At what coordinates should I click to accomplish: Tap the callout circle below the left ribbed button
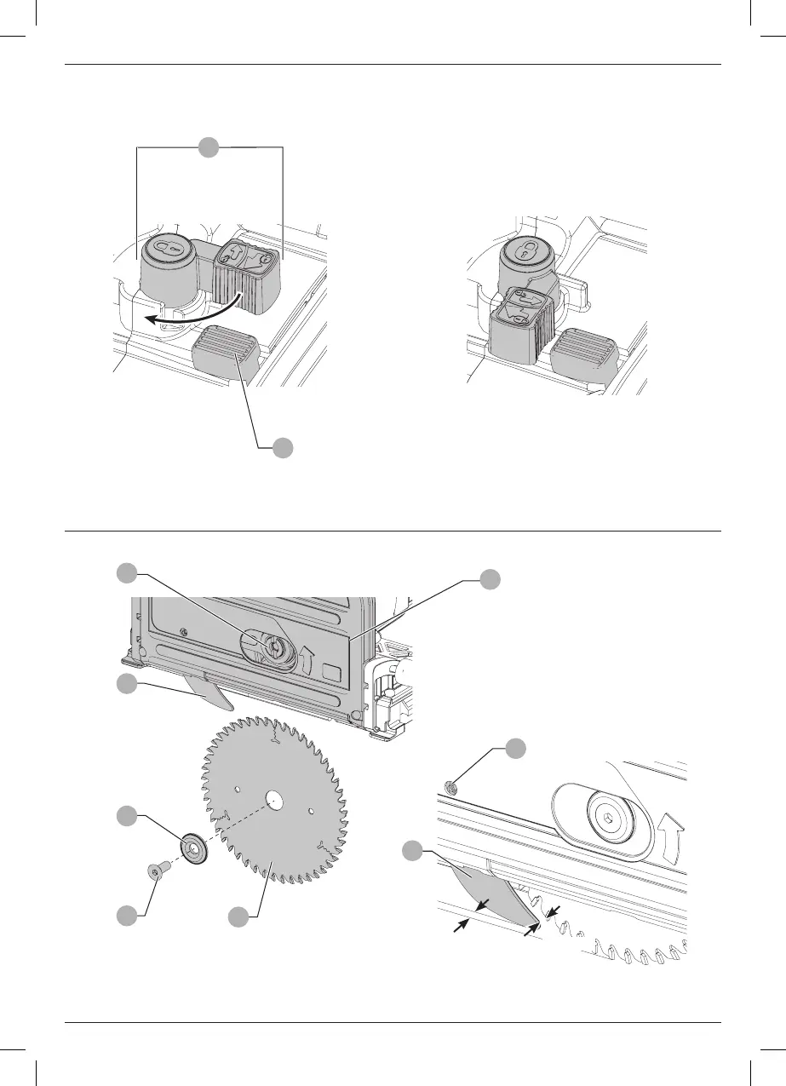tap(284, 446)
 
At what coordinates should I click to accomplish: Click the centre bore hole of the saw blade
tap(273, 801)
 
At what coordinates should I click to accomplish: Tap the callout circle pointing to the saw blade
tap(240, 916)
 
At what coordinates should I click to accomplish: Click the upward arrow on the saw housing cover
tap(307, 659)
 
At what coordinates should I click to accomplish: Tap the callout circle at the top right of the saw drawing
tap(490, 579)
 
